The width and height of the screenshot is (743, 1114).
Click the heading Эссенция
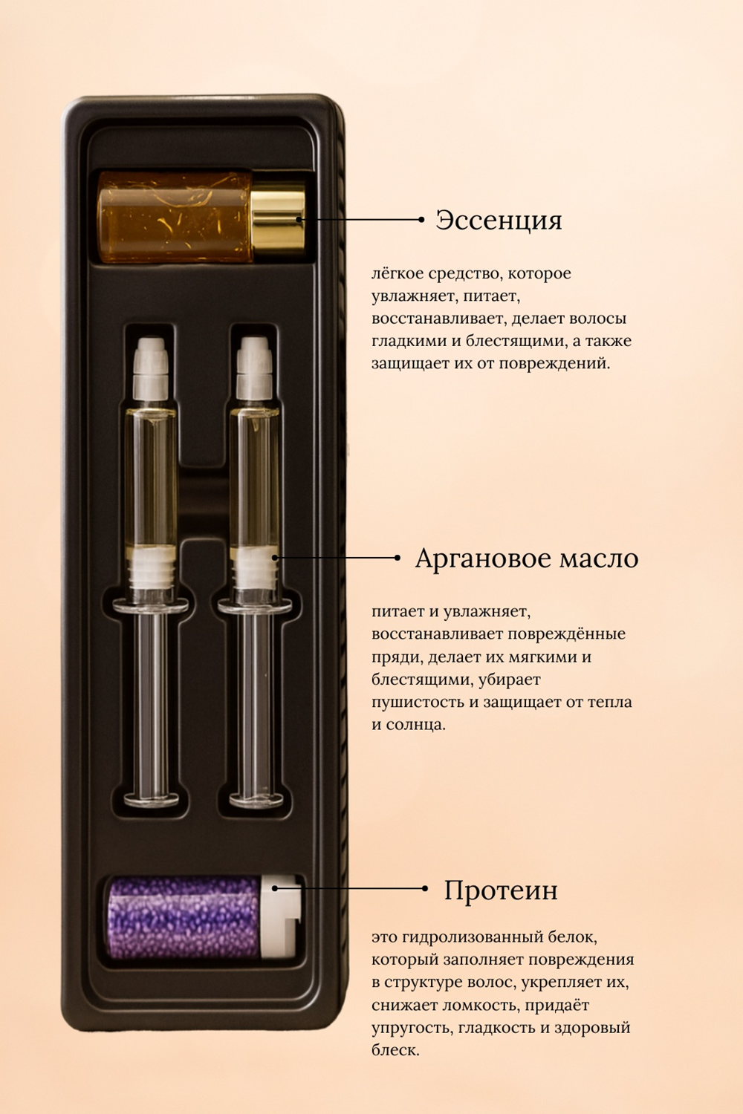click(x=499, y=220)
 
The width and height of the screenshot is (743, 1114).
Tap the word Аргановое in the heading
click(x=483, y=559)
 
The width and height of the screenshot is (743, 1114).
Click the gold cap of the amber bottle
click(x=278, y=218)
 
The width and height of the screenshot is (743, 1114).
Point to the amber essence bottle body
click(x=175, y=217)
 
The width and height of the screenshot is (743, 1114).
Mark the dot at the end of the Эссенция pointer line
click(x=421, y=219)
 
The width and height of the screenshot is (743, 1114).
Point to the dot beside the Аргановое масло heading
click(x=397, y=558)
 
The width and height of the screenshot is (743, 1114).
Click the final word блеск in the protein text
click(x=395, y=1051)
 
